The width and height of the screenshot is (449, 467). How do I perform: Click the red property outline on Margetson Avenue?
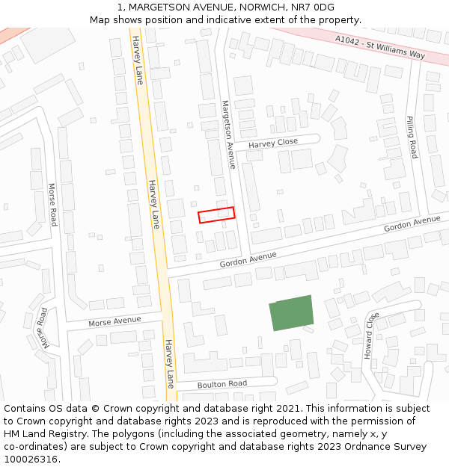pyautogui.click(x=216, y=214)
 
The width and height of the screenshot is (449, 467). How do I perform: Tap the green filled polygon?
pyautogui.click(x=291, y=313)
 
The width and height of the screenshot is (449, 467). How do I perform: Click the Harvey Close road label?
pyautogui.click(x=273, y=143)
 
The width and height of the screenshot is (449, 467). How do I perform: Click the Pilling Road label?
pyautogui.click(x=412, y=137)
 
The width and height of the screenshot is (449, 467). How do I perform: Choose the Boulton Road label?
pyautogui.click(x=222, y=384)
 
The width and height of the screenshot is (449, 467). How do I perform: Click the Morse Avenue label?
pyautogui.click(x=114, y=321)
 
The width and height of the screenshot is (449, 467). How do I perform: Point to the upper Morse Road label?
pyautogui.click(x=52, y=205)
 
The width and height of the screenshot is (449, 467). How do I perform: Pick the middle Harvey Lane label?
pyautogui.click(x=153, y=203)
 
